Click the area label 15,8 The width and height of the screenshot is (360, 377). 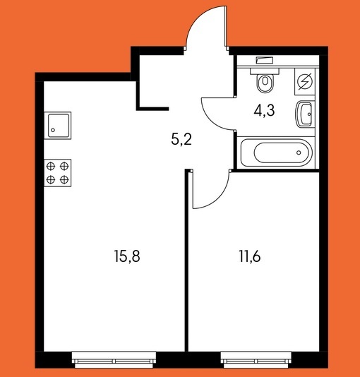pos(127,256)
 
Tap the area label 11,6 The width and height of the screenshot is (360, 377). pos(250,256)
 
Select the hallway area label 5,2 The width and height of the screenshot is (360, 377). pos(181,140)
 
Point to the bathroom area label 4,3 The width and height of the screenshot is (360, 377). pos(264,111)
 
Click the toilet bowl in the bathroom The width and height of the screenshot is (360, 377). pos(265,83)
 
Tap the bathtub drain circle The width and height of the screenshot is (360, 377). pos(299,152)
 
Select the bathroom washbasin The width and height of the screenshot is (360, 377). pos(305,114)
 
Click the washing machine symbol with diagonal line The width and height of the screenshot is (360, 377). pos(305,82)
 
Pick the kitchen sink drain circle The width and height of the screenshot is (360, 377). pos(53,131)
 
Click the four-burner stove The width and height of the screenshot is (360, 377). pos(58,173)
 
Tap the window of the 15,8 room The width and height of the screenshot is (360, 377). pos(114,359)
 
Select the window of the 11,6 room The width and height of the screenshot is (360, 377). pos(256,359)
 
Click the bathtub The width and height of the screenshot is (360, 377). pos(277,152)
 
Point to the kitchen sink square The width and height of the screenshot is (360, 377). pos(58,126)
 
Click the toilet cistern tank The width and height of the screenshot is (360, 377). pos(265,71)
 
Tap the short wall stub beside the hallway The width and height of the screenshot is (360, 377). pos(153,109)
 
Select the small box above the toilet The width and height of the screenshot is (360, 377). pos(265,60)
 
